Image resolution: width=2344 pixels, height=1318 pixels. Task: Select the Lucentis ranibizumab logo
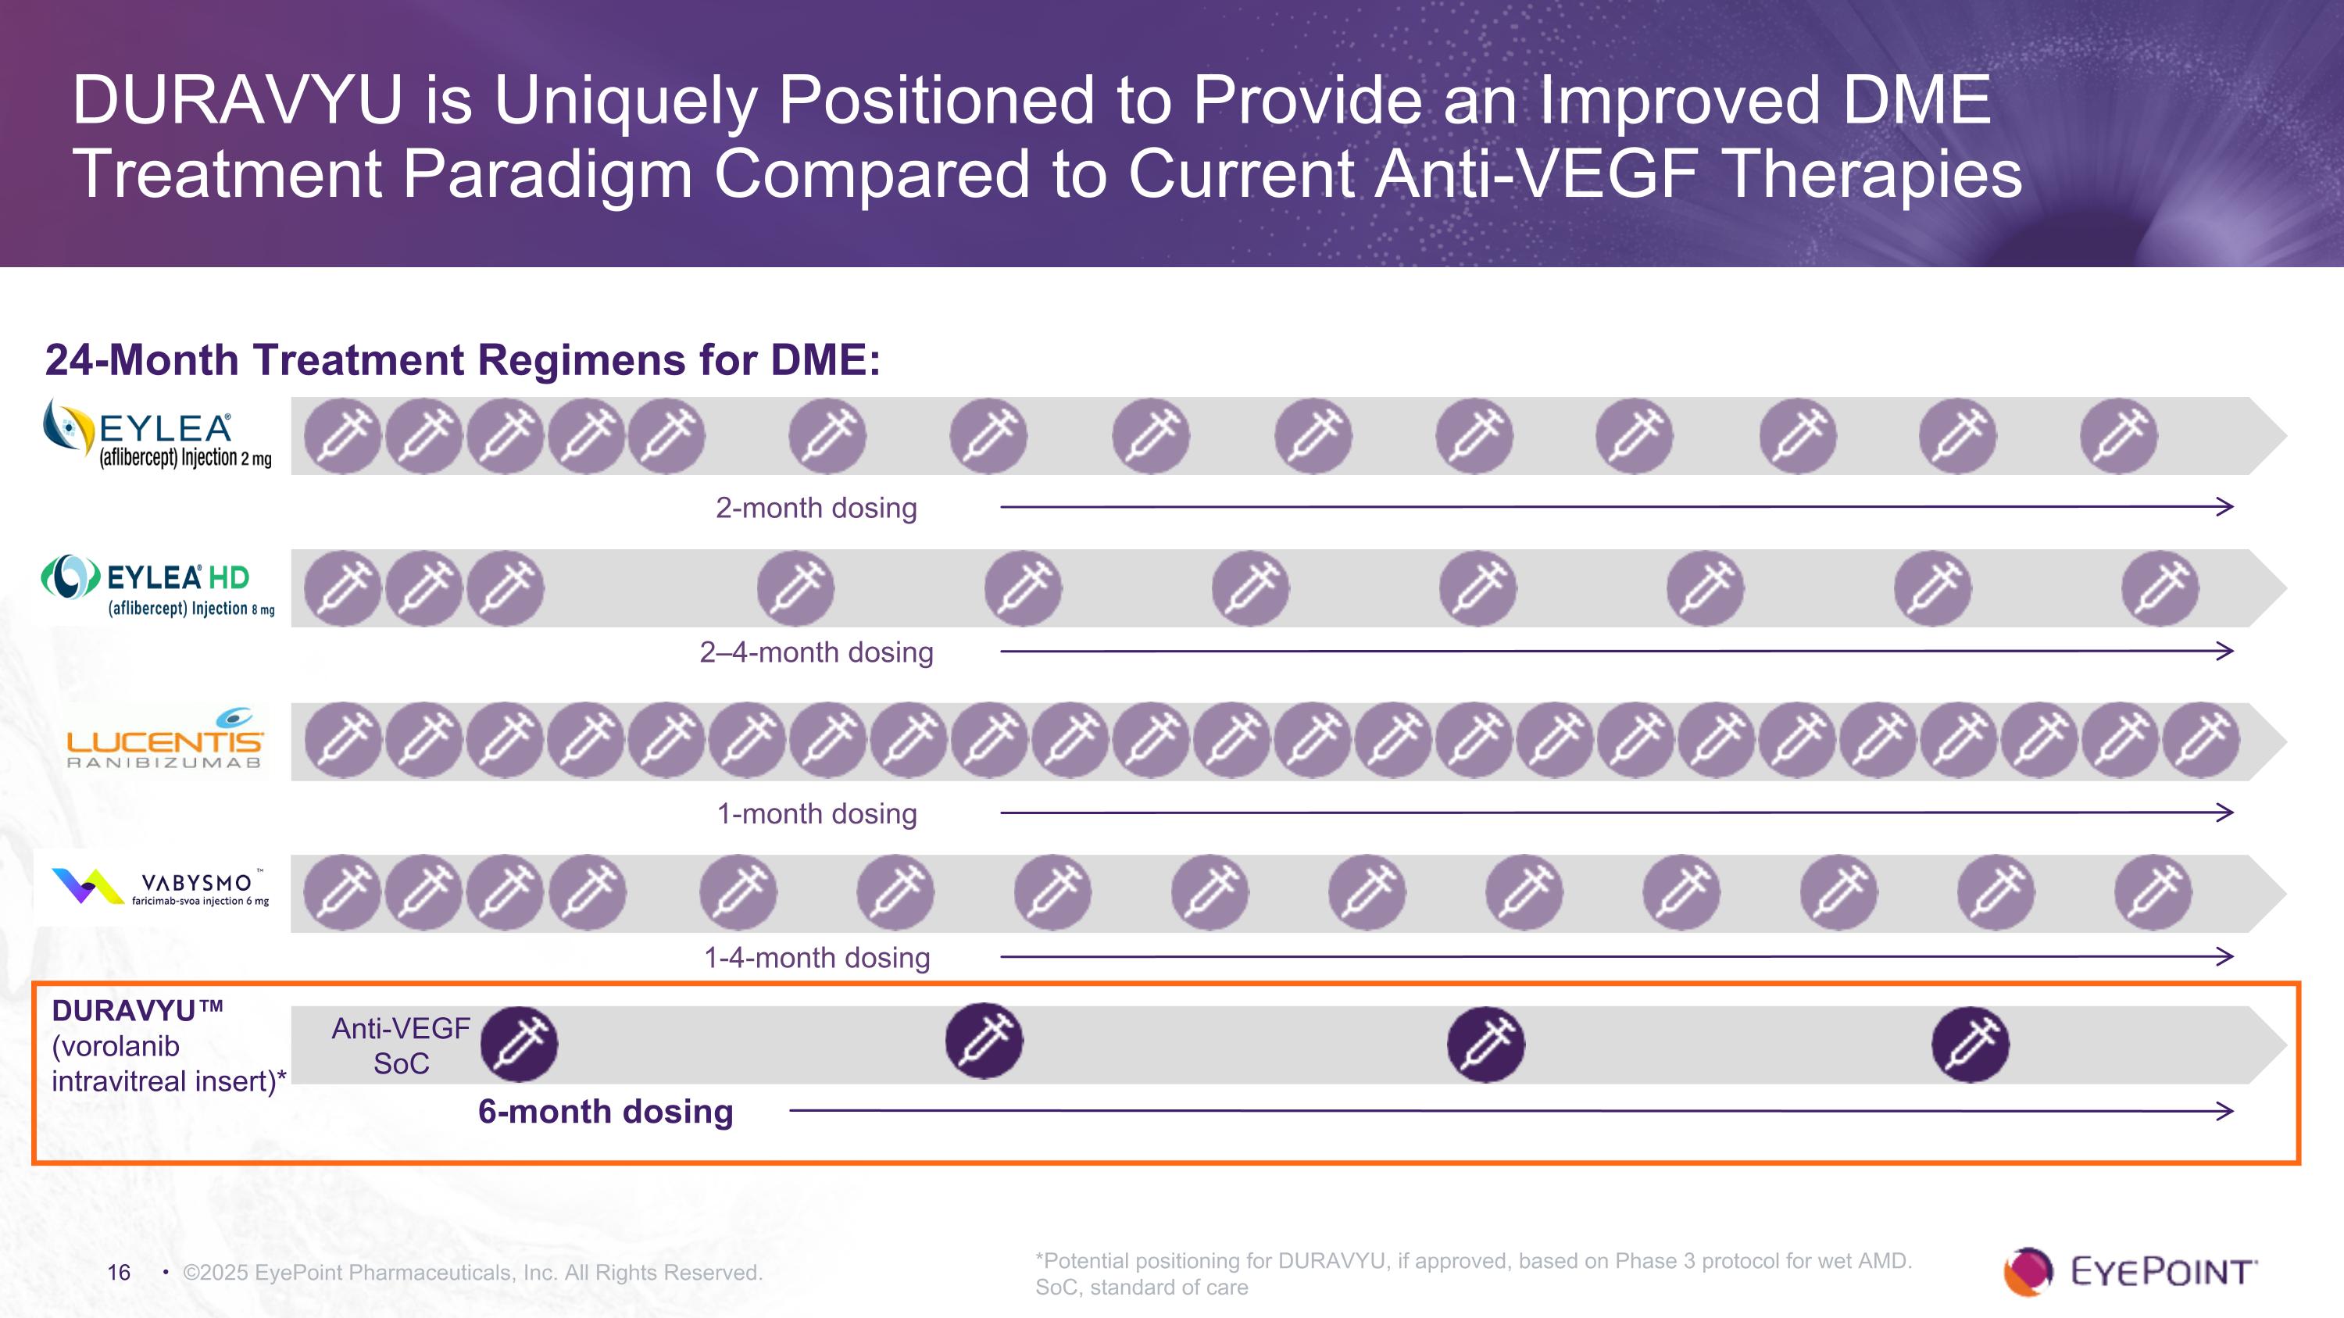coord(165,741)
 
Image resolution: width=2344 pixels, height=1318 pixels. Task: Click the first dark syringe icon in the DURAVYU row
coord(519,1045)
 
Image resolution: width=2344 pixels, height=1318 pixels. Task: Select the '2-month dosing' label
coord(816,508)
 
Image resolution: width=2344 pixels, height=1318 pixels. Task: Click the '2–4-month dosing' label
coord(816,652)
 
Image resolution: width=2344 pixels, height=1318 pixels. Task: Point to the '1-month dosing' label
coord(816,813)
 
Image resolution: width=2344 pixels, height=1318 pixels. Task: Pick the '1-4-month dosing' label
coord(816,958)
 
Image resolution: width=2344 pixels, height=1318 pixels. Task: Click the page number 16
coord(120,1273)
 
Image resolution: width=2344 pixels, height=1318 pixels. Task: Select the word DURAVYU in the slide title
coord(238,100)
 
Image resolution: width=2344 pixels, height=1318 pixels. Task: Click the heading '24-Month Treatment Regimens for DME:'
coord(463,360)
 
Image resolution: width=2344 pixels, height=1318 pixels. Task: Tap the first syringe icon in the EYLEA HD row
coord(343,588)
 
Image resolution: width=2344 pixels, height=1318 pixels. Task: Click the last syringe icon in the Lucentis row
coord(2201,741)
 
